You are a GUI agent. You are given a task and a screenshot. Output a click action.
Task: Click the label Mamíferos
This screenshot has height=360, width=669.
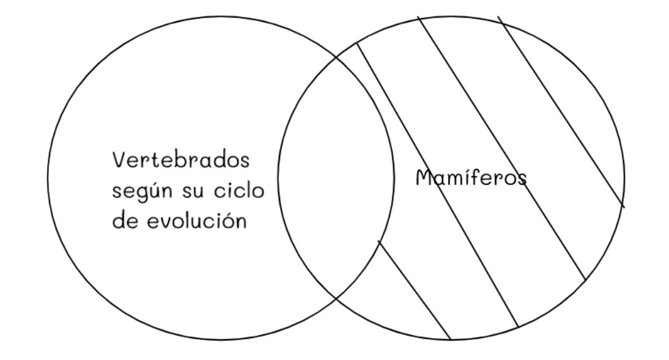pyautogui.click(x=471, y=178)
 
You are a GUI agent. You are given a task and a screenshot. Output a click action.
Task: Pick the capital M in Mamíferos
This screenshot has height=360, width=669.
pyautogui.click(x=425, y=178)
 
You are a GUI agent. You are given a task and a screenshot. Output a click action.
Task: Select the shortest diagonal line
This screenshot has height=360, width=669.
pyautogui.click(x=415, y=290)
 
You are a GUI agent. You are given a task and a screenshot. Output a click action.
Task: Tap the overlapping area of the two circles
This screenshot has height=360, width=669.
pyautogui.click(x=335, y=177)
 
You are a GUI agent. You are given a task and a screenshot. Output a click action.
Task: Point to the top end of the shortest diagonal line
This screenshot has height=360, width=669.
pyautogui.click(x=379, y=241)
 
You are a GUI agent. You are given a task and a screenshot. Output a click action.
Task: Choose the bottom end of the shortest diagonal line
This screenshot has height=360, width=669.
pyautogui.click(x=451, y=339)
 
